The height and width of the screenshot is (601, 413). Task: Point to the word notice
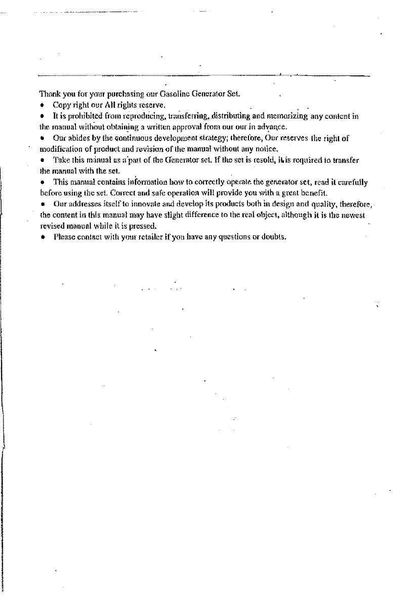coord(269,149)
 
